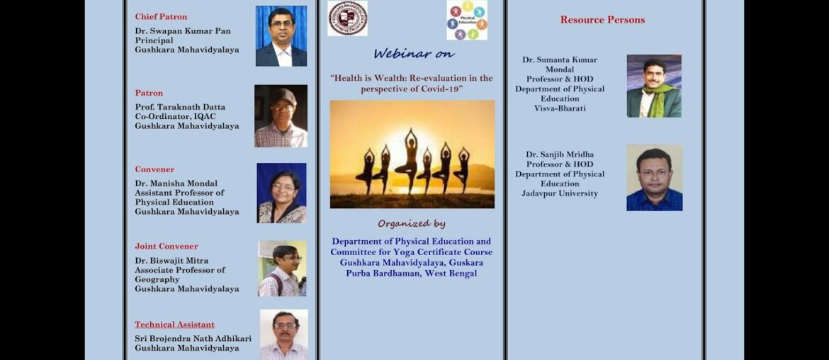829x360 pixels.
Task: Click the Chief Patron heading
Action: (161, 16)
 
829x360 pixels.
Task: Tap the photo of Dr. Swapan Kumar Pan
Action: (281, 36)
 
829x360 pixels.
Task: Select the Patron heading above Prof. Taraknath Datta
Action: (149, 93)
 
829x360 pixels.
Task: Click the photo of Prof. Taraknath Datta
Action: (281, 116)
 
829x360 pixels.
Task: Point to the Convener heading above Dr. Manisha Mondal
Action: (154, 169)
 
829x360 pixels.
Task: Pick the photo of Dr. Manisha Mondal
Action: (281, 193)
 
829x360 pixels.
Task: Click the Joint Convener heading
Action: (167, 247)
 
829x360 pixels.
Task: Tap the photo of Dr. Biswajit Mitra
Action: (282, 269)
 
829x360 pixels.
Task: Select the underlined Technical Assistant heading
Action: (174, 325)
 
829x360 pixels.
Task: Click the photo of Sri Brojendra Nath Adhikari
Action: (283, 334)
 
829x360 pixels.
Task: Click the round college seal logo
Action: (347, 18)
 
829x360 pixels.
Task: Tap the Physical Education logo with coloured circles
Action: (466, 20)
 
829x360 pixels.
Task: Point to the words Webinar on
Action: (414, 54)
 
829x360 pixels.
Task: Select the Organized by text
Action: (411, 224)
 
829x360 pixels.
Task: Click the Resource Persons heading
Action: (602, 20)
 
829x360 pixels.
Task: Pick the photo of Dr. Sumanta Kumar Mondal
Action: (653, 86)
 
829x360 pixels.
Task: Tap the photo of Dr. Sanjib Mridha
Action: (654, 178)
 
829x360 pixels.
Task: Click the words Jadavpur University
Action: (560, 193)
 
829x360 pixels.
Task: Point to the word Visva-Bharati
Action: (560, 108)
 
